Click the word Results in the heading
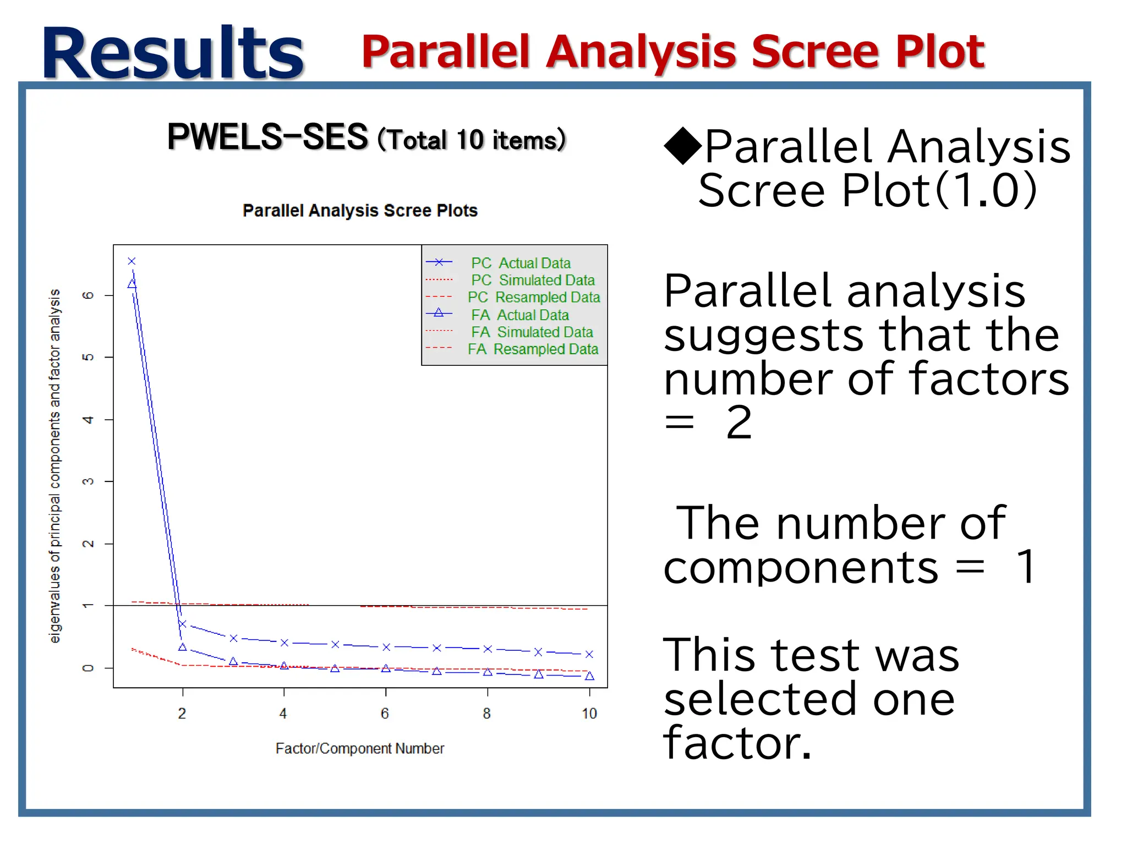173,54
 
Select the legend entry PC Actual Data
520,263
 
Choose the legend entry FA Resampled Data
532,349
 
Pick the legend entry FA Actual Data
519,315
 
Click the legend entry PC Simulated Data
532,280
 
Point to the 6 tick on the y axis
88,295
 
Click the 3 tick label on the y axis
88,481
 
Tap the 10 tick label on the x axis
589,714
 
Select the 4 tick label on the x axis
283,714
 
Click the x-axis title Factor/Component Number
359,748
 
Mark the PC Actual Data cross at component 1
132,261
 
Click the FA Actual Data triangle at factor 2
182,647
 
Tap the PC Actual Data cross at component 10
589,654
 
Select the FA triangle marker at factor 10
589,676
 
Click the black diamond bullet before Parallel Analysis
682,146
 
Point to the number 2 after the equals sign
738,422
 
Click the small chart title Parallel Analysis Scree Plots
360,210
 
